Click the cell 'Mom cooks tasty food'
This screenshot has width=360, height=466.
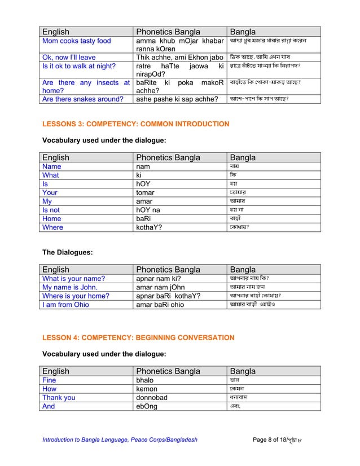(x=77, y=41)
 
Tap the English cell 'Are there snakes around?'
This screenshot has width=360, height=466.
(x=83, y=99)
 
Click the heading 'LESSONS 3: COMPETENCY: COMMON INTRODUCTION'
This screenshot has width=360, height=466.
(x=136, y=124)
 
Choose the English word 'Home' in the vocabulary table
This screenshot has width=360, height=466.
(x=52, y=218)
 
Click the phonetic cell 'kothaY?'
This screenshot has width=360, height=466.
(x=151, y=227)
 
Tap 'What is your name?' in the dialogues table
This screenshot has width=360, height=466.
(x=74, y=279)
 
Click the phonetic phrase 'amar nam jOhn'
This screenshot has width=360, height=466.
(x=160, y=287)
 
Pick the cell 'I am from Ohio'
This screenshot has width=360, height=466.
(x=66, y=305)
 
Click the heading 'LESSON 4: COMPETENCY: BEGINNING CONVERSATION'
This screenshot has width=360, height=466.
(x=138, y=337)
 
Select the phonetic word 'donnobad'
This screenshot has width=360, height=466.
(x=152, y=397)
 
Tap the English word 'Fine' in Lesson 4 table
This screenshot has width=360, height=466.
(x=50, y=380)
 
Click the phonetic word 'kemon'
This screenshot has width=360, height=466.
(x=147, y=389)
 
